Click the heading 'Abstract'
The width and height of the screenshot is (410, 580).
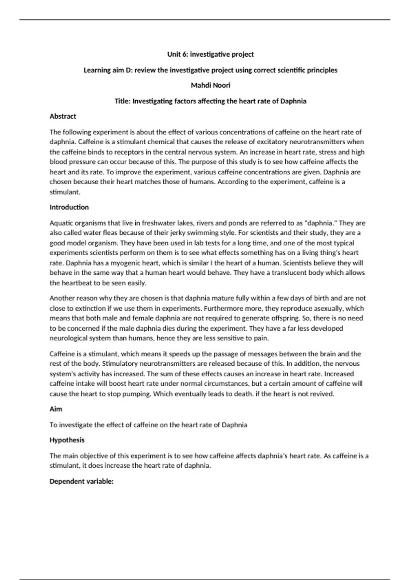pos(63,116)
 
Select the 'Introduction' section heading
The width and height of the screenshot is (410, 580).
pos(69,207)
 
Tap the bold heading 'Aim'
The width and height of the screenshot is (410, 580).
pos(56,409)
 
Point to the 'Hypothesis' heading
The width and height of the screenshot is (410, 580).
pos(67,440)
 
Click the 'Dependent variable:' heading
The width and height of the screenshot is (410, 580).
pos(81,481)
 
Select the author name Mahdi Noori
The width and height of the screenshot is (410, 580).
pos(210,85)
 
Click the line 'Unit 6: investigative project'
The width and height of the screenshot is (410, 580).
pos(210,54)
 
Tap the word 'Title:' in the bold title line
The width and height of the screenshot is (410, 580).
pos(123,101)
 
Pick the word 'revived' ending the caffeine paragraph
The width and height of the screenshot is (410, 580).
pos(323,394)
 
